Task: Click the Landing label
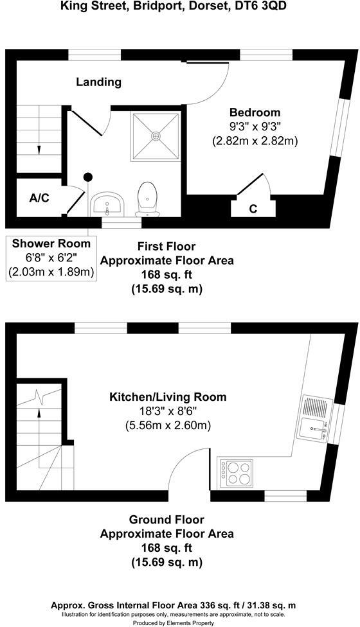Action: [98, 82]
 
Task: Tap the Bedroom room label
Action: [255, 112]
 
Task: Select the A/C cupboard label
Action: [39, 197]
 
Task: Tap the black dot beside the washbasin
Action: [88, 177]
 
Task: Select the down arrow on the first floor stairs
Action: [39, 148]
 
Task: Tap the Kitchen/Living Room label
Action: [168, 397]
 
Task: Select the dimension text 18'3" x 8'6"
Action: [168, 411]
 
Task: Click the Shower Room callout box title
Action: [51, 243]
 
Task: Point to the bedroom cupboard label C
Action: [253, 208]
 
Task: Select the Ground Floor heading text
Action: [166, 519]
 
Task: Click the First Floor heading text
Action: [166, 246]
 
